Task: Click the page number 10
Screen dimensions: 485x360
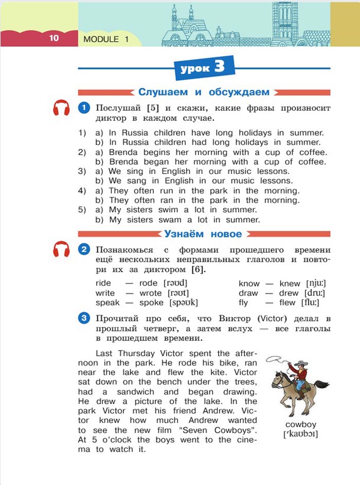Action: coord(54,38)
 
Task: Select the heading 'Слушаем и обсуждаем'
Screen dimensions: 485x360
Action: coord(204,92)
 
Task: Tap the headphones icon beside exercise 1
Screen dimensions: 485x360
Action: coord(62,109)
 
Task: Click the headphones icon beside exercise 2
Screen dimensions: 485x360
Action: coord(62,250)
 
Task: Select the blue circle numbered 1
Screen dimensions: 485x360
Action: coord(84,109)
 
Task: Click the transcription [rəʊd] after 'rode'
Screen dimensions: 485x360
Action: coord(175,283)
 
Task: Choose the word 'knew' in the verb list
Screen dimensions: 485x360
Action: coord(290,283)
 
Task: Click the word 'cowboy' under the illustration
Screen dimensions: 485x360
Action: coord(300,424)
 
